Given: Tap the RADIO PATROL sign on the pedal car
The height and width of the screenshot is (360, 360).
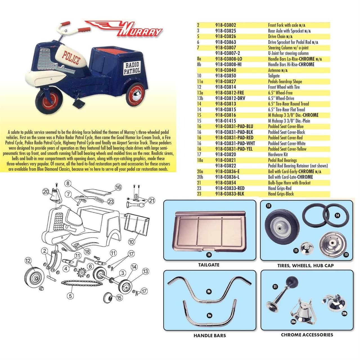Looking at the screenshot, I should (132, 68).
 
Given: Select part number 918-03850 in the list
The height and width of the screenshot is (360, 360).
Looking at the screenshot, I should (226, 76).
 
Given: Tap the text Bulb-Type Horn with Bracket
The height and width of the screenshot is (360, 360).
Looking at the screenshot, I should (289, 183).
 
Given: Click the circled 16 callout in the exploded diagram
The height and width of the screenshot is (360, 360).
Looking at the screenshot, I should (118, 187).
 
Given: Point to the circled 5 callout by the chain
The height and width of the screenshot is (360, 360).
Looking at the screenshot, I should (70, 296).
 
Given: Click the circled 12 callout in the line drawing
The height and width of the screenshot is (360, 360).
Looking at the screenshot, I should (28, 261).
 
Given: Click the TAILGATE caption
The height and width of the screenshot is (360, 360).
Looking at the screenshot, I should (209, 265).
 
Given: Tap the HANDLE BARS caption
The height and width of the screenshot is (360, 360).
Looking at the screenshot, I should (210, 335).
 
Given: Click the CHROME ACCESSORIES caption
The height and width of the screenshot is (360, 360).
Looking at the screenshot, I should (307, 335).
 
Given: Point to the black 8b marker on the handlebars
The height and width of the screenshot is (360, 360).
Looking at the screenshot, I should (209, 292).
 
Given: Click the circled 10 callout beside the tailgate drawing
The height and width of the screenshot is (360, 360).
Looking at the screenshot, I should (132, 242).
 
